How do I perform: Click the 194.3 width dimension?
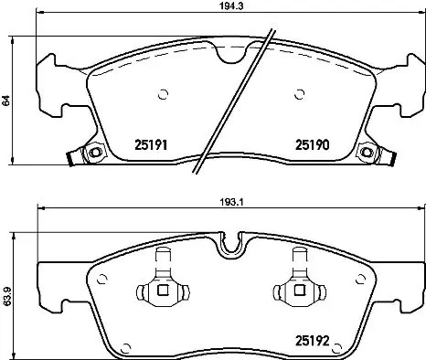(x=217, y=5)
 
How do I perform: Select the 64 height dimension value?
(x=5, y=102)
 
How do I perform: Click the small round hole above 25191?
(x=164, y=92)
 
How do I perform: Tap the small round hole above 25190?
(x=301, y=92)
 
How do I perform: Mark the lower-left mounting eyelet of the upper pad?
(x=91, y=153)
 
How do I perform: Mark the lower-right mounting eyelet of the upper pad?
(x=367, y=153)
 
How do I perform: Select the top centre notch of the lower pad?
(x=232, y=244)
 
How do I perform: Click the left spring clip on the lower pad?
(x=161, y=291)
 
